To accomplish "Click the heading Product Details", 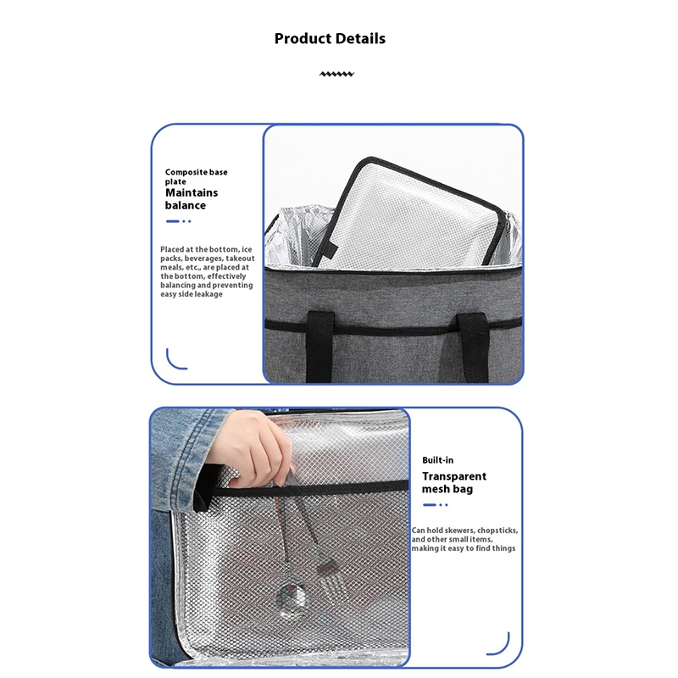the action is [330, 38].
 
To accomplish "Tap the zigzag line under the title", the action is [336, 74].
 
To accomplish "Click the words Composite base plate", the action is [196, 176].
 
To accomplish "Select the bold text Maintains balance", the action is [192, 199].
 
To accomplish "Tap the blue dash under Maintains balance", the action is [173, 221].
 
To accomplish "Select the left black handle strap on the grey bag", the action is [320, 347].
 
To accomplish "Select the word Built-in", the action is [437, 460].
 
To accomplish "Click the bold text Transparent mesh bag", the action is [454, 482].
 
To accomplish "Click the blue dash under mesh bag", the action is [430, 504].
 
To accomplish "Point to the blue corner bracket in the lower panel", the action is [503, 647].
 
